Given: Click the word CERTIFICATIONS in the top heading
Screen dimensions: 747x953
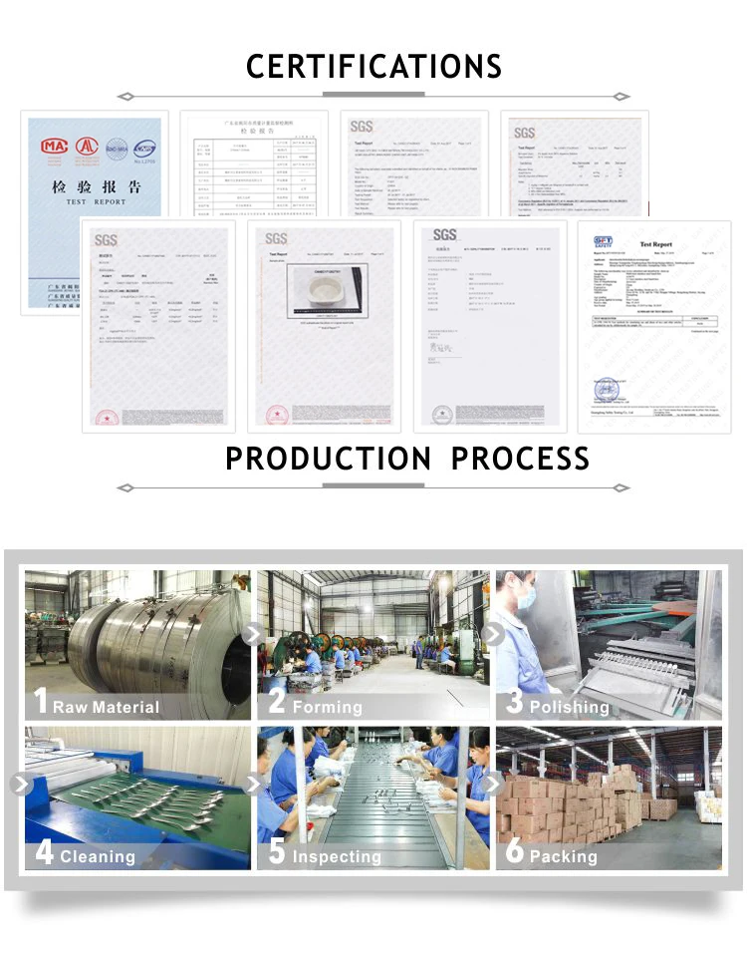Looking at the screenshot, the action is (x=373, y=66).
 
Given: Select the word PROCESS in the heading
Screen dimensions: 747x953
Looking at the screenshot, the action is (x=520, y=459).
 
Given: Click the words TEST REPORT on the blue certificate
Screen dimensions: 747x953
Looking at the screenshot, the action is (x=96, y=201).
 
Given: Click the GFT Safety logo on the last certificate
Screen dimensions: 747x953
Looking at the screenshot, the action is (x=605, y=243).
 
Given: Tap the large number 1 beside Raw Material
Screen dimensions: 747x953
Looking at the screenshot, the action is (x=40, y=701).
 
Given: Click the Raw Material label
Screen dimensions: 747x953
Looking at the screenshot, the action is (x=106, y=707).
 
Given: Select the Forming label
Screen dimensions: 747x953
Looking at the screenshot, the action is (x=328, y=707).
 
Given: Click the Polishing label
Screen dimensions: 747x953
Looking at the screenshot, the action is (x=569, y=707).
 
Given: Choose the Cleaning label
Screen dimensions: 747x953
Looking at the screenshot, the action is (x=98, y=856).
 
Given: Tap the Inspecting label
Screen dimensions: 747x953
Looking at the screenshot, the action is (x=337, y=856).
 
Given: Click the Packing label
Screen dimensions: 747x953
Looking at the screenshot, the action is (x=564, y=856).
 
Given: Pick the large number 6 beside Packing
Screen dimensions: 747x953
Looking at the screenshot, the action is (x=515, y=851).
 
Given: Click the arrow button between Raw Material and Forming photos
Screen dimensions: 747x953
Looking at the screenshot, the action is (x=253, y=634).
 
